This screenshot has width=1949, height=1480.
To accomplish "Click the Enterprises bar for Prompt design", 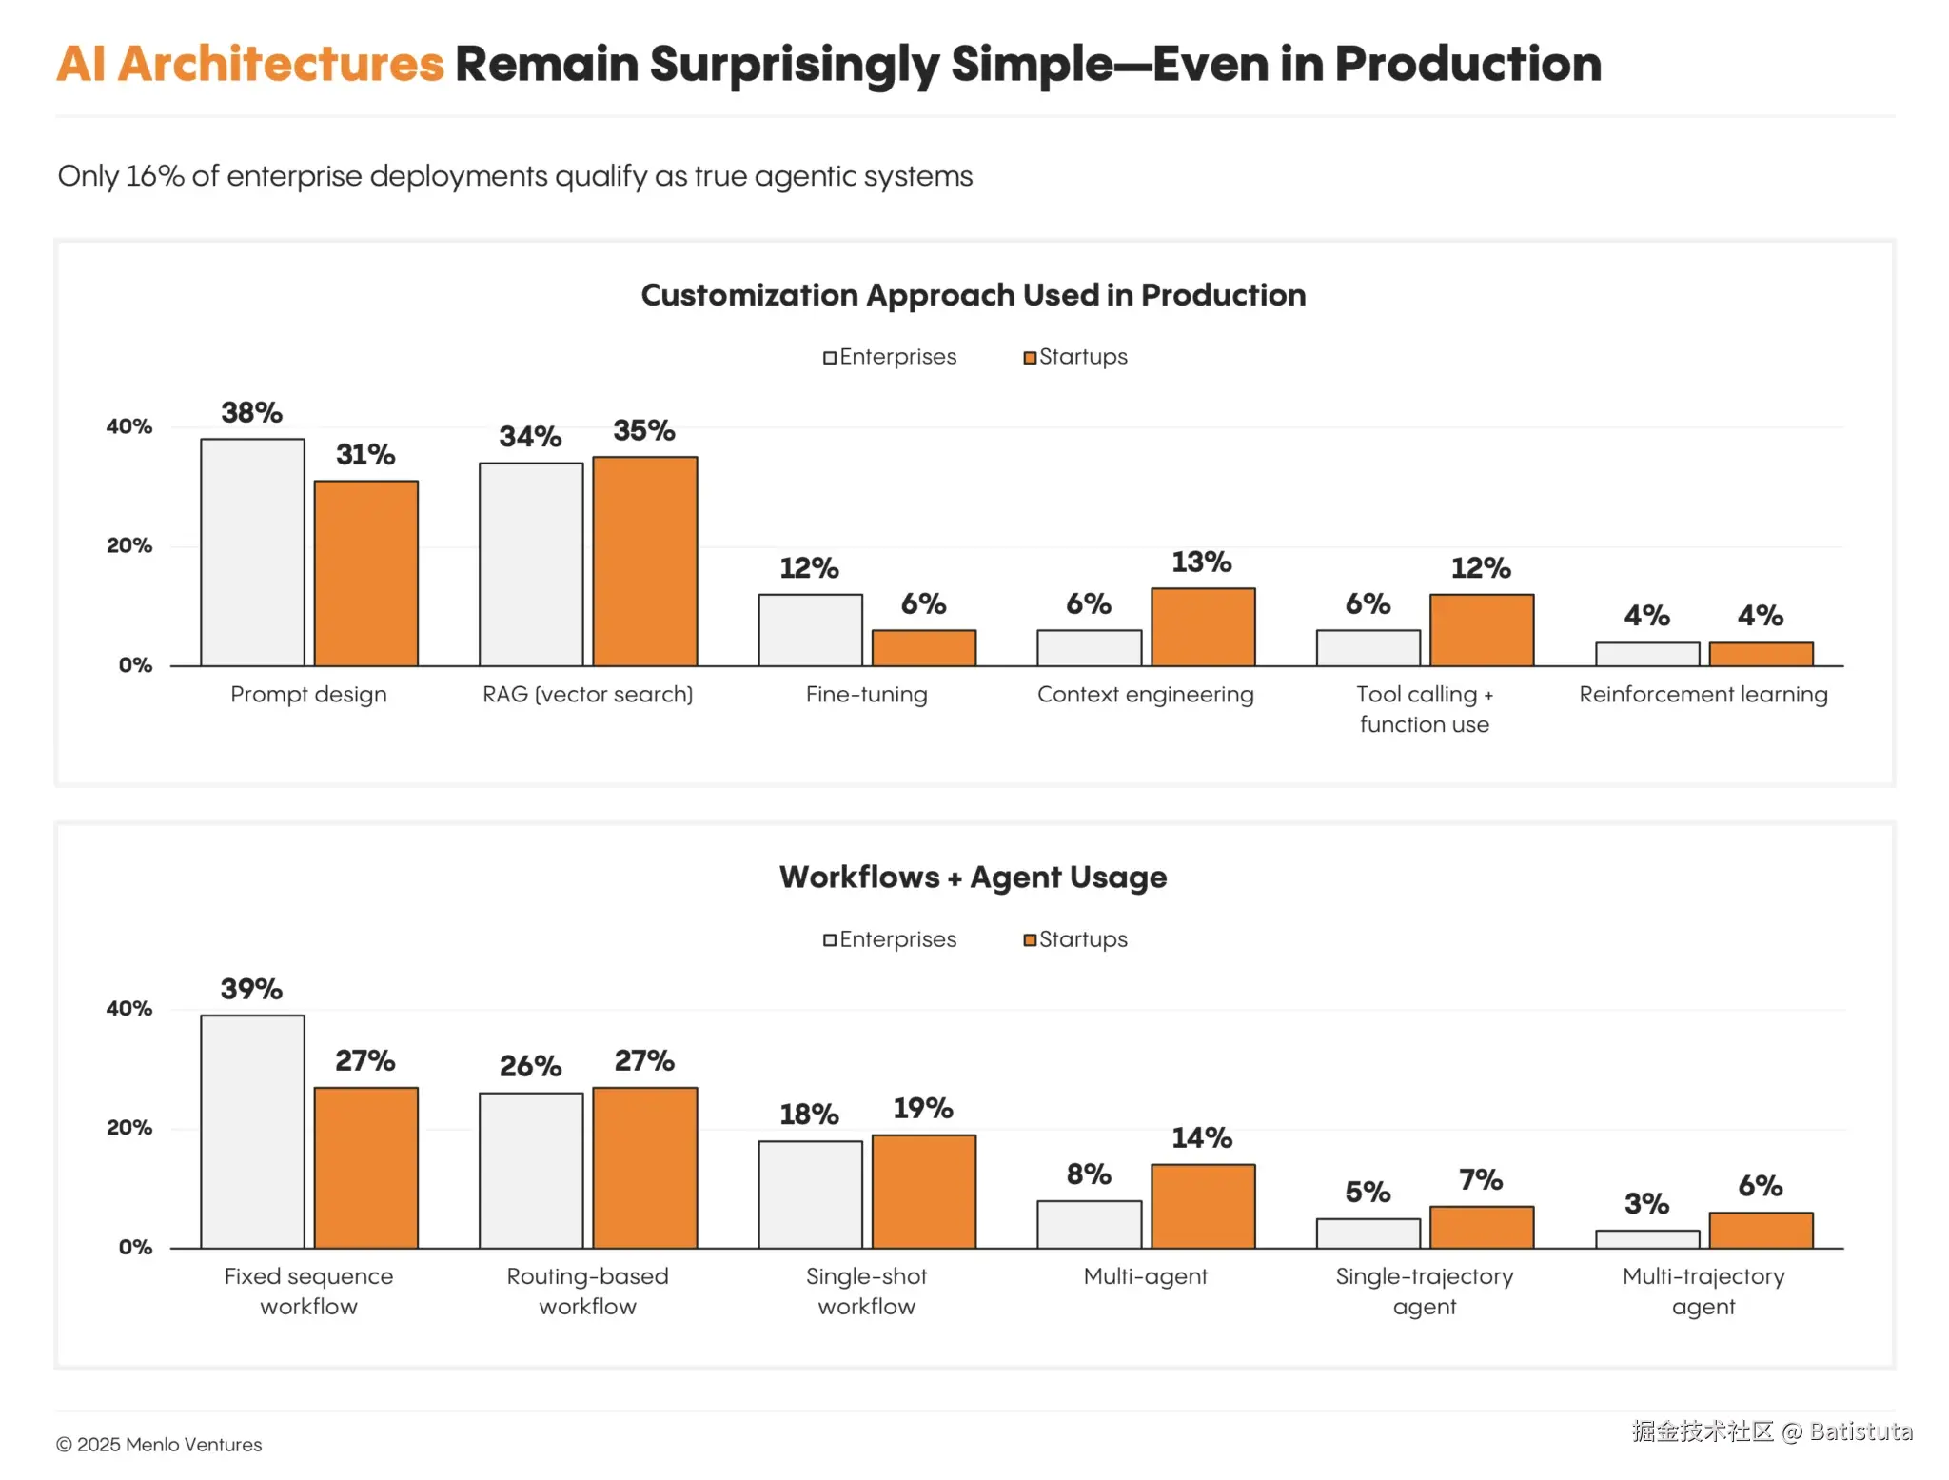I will pos(252,552).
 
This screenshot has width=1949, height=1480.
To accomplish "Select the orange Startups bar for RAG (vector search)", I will pos(644,562).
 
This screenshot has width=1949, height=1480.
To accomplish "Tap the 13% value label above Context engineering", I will pos(1201,562).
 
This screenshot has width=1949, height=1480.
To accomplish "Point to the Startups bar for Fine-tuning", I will pos(923,648).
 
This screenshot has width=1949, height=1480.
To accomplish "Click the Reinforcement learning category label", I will pos(1703,695).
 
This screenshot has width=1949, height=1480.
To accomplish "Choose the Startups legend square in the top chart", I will pos(1030,358).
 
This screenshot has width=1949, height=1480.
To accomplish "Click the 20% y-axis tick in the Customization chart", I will pos(129,546).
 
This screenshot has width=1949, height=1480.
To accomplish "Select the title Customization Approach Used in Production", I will pos(973,295).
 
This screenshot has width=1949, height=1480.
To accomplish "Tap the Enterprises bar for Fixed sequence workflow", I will pos(252,1132).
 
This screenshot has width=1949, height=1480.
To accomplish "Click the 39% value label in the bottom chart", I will pos(251,989).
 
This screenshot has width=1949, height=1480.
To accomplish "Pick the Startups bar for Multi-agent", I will pos(1203,1206).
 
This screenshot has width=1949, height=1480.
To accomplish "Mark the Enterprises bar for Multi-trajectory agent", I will pos(1647,1239).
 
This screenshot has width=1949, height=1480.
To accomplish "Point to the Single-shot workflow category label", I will pos(866,1291).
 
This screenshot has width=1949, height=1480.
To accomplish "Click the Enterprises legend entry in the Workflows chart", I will pos(890,939).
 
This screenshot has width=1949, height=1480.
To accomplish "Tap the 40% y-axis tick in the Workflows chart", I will pos(129,1009).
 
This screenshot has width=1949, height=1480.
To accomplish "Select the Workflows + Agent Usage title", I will pos(973,877).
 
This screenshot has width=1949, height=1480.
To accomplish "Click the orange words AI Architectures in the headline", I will pos(250,65).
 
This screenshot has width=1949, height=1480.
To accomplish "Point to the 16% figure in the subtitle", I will pos(154,176).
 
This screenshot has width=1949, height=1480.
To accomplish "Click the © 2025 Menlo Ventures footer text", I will pos(159,1445).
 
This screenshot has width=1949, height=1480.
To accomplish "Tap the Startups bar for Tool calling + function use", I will pos(1481,630).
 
